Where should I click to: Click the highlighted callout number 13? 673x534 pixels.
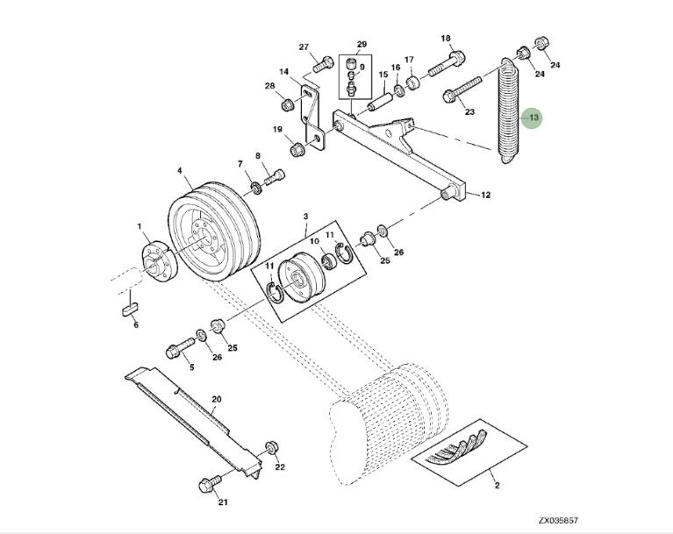[532, 117]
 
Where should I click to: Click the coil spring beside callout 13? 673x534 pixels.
[508, 110]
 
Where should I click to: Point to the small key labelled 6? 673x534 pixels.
[128, 309]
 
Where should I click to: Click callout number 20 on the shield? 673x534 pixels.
[216, 399]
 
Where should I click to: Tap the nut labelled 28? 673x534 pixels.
[287, 105]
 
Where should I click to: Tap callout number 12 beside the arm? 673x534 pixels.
[484, 195]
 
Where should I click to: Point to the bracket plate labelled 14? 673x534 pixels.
[310, 114]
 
